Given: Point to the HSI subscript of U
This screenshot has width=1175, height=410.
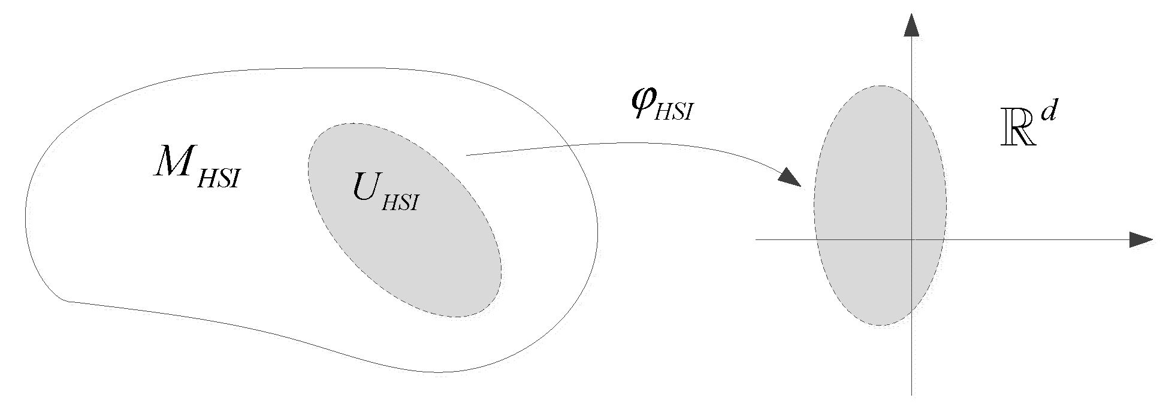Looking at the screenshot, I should coord(400,202).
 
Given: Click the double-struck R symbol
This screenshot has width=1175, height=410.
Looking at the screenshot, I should coord(1017,133).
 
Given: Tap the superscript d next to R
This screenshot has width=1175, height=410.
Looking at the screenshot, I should coord(1047,113).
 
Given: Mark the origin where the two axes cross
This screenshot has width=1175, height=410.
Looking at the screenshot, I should coord(911,239).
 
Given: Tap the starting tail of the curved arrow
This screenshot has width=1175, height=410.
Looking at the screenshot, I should coord(467,155).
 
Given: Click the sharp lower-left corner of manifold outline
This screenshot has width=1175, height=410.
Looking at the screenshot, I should coord(67,300).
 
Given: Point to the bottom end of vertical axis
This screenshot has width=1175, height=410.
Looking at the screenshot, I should coord(911,394).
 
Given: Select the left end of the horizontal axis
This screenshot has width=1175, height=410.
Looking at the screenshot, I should coord(756,239).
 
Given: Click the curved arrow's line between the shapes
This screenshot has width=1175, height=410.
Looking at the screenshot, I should coord(659,143).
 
